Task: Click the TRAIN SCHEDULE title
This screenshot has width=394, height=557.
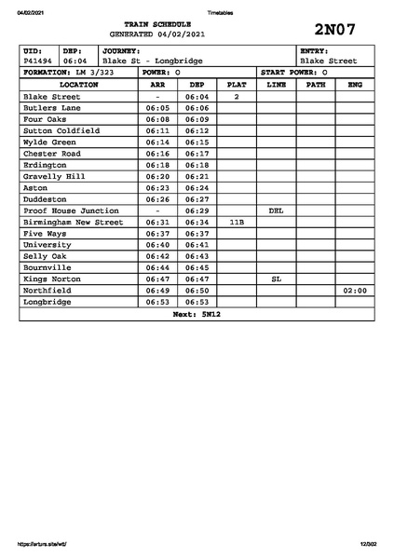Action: [x=163, y=23]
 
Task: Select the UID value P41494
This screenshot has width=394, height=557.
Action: [x=38, y=61]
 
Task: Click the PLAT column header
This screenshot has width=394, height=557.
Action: [x=237, y=84]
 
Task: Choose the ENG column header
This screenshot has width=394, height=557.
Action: [x=355, y=84]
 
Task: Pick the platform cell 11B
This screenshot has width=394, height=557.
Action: [x=237, y=223]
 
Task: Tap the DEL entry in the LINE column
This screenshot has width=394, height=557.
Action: [x=276, y=211]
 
